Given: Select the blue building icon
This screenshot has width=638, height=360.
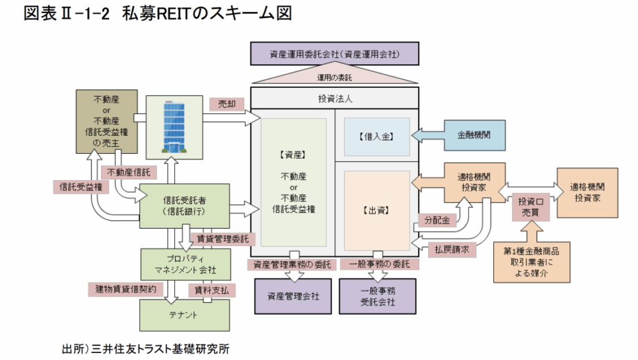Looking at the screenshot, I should tap(174, 127).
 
